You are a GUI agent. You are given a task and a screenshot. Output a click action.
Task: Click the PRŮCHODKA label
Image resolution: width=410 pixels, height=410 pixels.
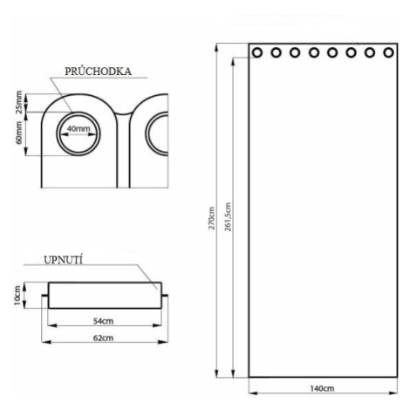98,72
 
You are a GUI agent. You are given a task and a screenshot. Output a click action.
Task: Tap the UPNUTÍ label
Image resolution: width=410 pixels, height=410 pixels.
63,260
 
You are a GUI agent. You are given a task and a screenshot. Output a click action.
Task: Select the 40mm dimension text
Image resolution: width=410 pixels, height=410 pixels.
79,128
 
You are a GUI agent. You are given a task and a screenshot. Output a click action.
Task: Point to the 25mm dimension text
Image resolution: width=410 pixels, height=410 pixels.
19,102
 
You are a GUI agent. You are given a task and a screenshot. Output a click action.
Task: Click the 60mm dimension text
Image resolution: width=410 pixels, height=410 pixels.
19,133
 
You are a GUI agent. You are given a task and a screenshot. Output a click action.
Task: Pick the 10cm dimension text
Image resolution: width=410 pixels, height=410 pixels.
17,296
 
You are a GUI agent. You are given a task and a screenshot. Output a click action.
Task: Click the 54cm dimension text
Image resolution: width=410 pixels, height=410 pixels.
103,321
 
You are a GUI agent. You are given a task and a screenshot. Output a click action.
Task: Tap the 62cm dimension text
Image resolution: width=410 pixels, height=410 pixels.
103,338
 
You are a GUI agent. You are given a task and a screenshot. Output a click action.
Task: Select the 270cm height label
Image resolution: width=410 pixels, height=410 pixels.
212,218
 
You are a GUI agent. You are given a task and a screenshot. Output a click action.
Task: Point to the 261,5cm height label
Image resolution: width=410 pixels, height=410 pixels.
229,217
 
